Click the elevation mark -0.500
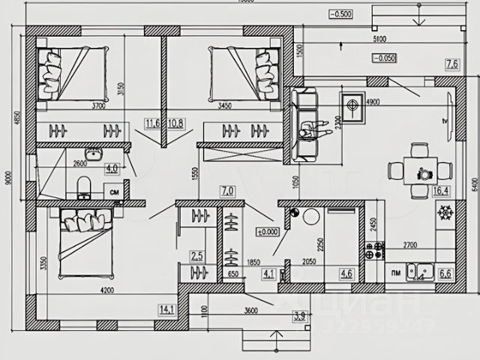340,13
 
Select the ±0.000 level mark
267,232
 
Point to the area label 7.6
451,65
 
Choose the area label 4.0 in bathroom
112,168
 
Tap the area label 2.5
197,256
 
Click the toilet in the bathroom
84,184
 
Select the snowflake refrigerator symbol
445,214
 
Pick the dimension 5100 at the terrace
379,39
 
